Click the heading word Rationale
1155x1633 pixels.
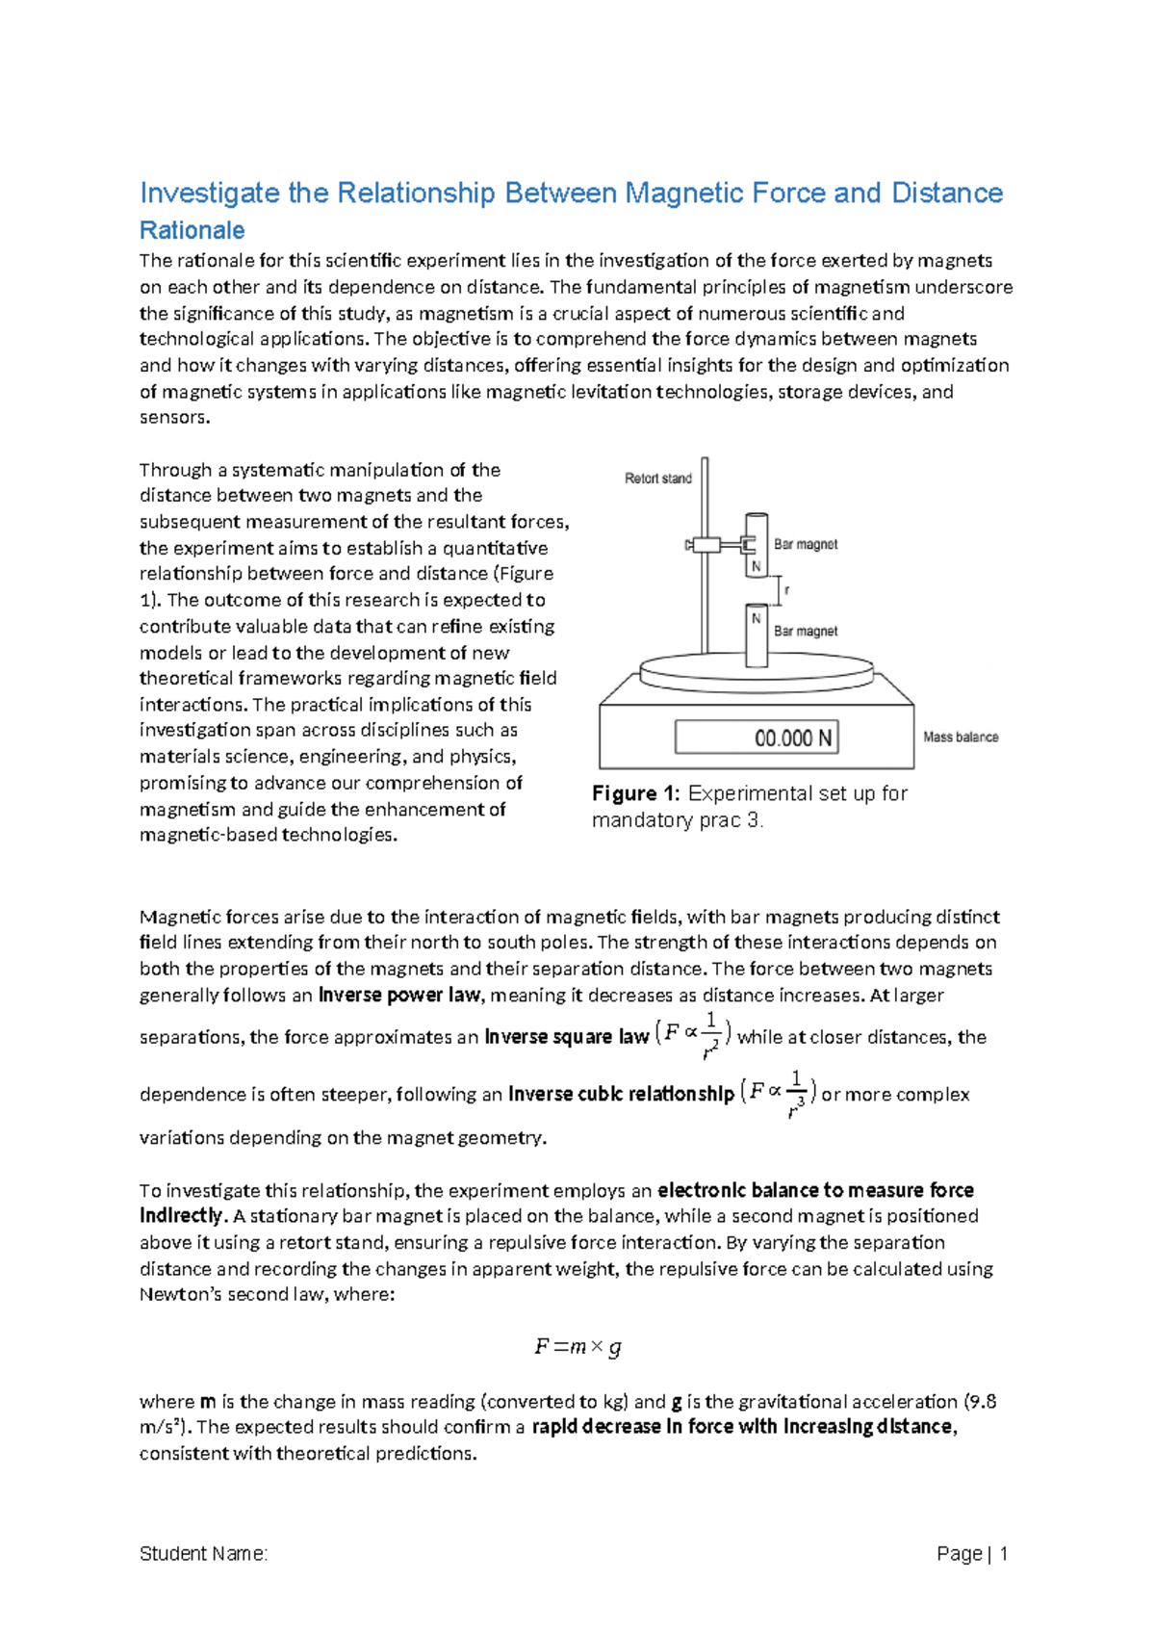[x=192, y=231]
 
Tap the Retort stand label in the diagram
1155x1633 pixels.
[x=657, y=479]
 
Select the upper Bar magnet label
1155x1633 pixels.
[x=806, y=545]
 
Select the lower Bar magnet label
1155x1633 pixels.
[x=806, y=632]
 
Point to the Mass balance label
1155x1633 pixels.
[x=960, y=738]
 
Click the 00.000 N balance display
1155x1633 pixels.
[x=757, y=739]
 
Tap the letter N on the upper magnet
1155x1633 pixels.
[x=757, y=567]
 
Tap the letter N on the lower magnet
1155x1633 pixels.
[x=757, y=619]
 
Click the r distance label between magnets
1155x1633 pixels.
[x=787, y=590]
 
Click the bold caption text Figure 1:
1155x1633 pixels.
[x=636, y=794]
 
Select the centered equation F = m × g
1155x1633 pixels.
[x=577, y=1347]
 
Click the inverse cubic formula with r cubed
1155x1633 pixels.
[x=779, y=1093]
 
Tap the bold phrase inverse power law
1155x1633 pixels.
[x=398, y=996]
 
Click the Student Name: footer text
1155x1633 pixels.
[x=203, y=1554]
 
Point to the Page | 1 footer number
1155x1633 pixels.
[x=972, y=1554]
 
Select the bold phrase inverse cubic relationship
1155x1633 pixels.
[x=621, y=1095]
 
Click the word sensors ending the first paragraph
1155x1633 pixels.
[x=173, y=418]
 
